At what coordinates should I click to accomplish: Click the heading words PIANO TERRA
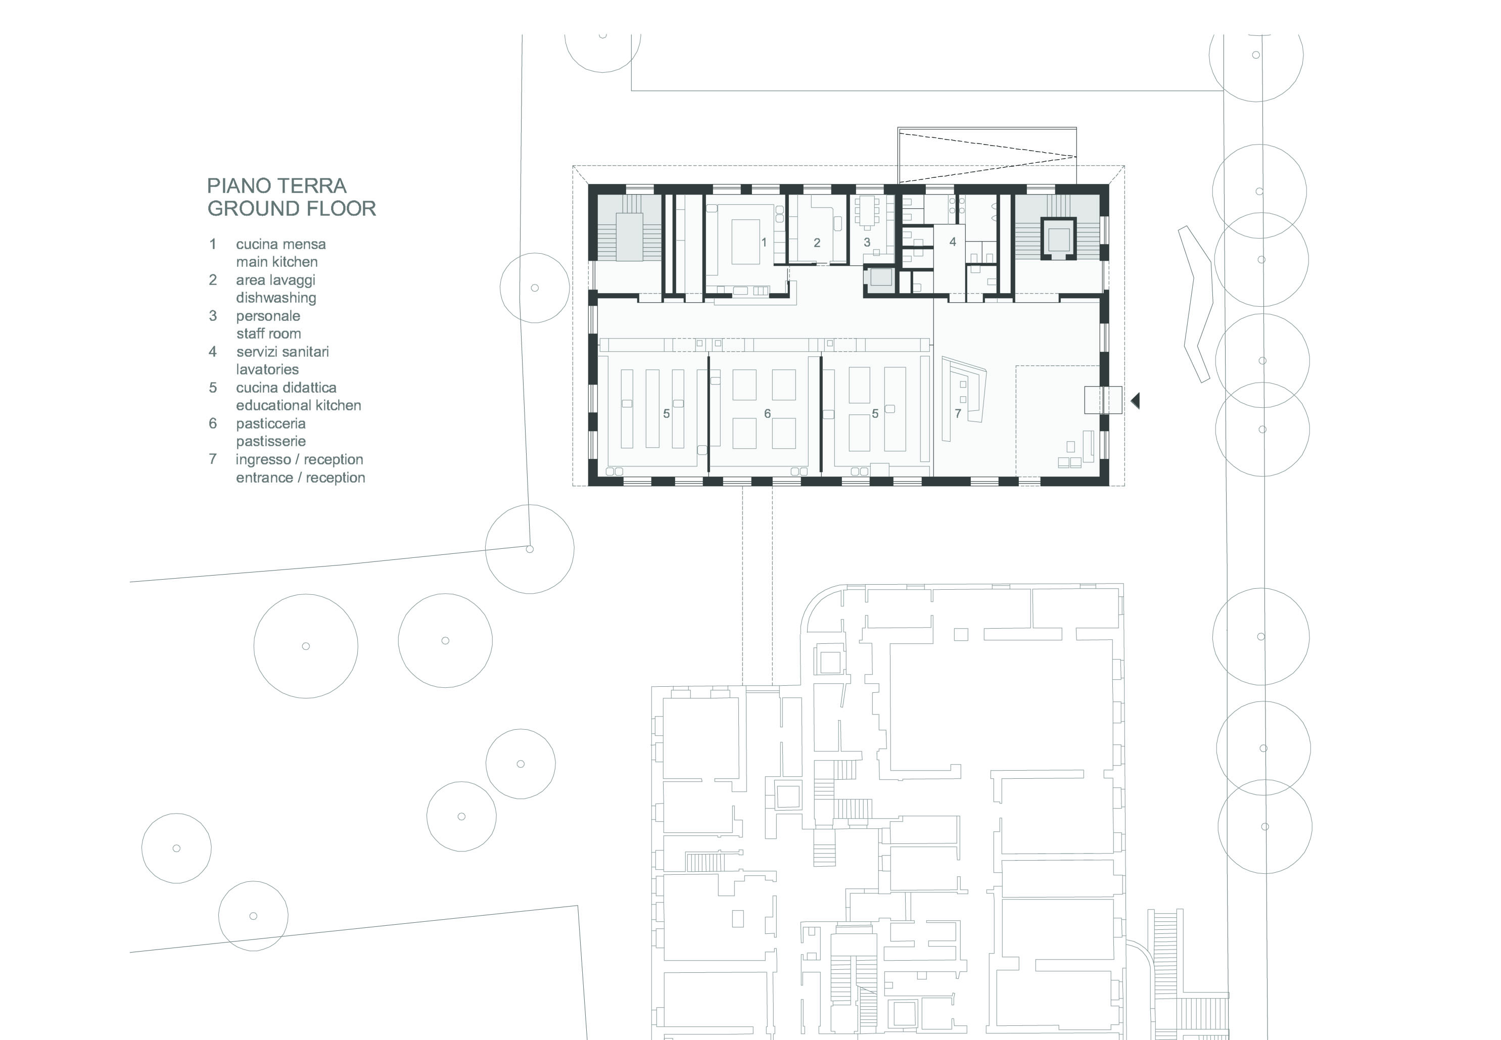tap(276, 186)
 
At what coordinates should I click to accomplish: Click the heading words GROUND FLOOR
tap(291, 209)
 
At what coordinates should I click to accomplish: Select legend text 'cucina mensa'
tap(280, 245)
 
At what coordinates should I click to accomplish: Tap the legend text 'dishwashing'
tap(276, 298)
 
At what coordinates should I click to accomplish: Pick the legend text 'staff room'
tap(268, 334)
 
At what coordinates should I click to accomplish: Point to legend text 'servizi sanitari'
tap(282, 352)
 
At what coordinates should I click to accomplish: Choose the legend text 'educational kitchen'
tap(298, 405)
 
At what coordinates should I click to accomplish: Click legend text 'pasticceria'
tap(270, 423)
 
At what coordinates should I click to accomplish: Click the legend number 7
tap(212, 459)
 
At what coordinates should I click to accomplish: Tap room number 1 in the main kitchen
tap(764, 243)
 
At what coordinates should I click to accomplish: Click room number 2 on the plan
tap(817, 243)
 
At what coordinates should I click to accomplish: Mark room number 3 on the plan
tap(867, 243)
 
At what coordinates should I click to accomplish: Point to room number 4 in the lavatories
tap(952, 242)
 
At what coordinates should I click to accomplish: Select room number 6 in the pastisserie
tap(767, 413)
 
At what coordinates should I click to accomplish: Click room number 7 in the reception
tap(957, 413)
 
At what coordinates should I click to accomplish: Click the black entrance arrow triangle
tap(1136, 400)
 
